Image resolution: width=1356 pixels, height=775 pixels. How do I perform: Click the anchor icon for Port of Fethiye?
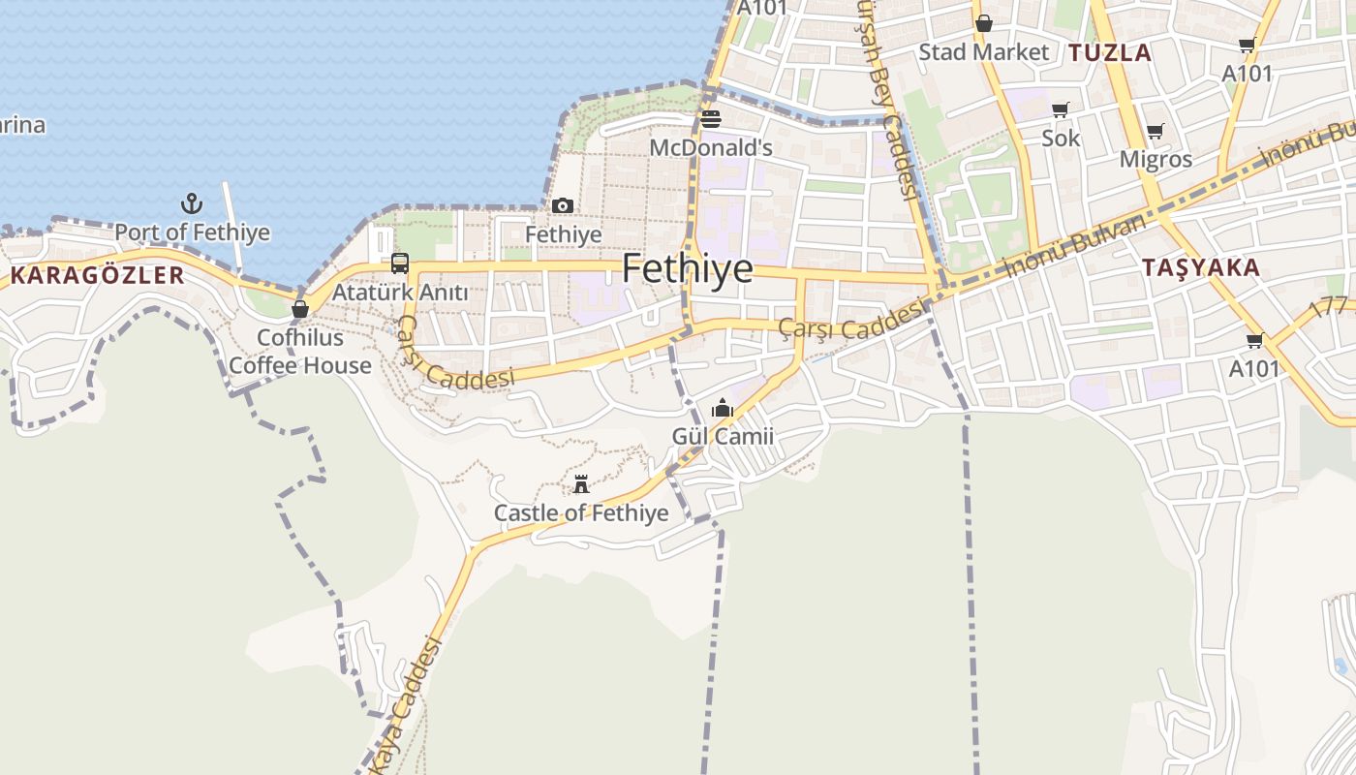pyautogui.click(x=192, y=203)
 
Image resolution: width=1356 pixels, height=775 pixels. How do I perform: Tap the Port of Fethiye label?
pyautogui.click(x=192, y=232)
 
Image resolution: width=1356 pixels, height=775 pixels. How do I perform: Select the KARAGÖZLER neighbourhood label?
pyautogui.click(x=97, y=275)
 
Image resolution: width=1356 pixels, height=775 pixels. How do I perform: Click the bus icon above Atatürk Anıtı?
pyautogui.click(x=399, y=263)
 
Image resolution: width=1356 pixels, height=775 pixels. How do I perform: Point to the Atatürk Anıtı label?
pyautogui.click(x=400, y=292)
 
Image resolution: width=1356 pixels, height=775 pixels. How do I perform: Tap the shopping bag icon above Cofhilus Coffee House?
pyautogui.click(x=299, y=309)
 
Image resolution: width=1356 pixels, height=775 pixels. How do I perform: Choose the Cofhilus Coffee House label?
pyautogui.click(x=300, y=352)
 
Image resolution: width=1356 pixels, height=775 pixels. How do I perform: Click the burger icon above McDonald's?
pyautogui.click(x=711, y=119)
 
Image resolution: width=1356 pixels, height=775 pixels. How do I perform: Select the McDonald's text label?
pyautogui.click(x=711, y=148)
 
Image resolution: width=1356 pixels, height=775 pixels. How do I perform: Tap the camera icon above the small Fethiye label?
pyautogui.click(x=563, y=205)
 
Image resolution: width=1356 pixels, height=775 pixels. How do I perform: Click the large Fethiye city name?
pyautogui.click(x=687, y=268)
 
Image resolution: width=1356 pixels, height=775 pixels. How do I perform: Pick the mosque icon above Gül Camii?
pyautogui.click(x=723, y=409)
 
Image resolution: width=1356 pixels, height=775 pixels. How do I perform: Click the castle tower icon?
pyautogui.click(x=581, y=484)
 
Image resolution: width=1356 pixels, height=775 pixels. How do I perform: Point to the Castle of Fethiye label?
pyautogui.click(x=581, y=512)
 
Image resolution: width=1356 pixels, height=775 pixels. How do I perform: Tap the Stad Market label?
pyautogui.click(x=983, y=52)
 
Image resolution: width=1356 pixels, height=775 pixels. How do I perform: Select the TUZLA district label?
pyautogui.click(x=1110, y=52)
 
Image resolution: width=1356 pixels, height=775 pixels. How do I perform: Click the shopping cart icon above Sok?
pyautogui.click(x=1061, y=110)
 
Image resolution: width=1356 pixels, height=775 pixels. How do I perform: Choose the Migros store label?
pyautogui.click(x=1156, y=159)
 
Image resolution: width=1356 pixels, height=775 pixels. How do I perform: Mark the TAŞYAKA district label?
pyautogui.click(x=1200, y=267)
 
